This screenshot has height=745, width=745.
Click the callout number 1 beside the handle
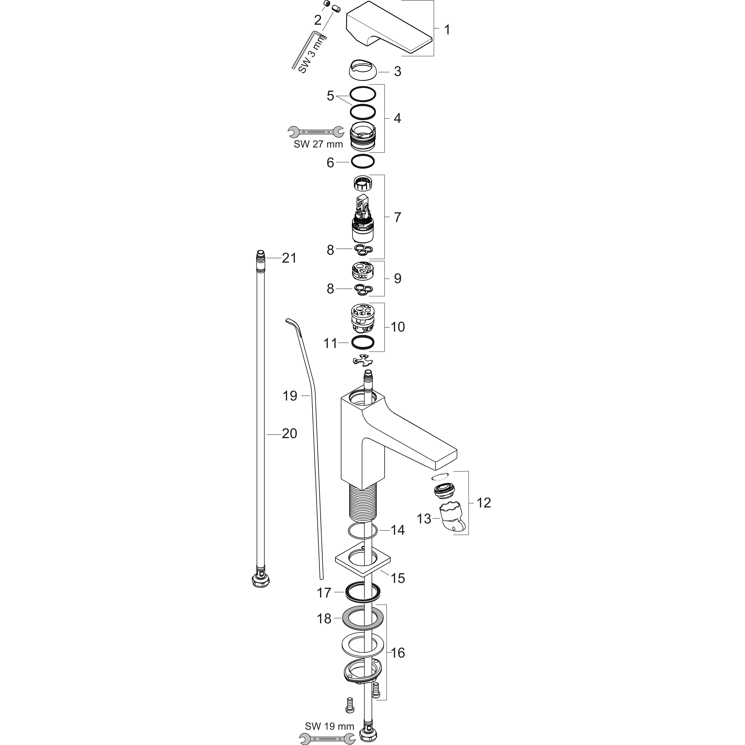coord(447,30)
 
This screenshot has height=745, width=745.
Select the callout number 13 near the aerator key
coord(424,519)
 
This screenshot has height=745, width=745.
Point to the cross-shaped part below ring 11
coord(363,360)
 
